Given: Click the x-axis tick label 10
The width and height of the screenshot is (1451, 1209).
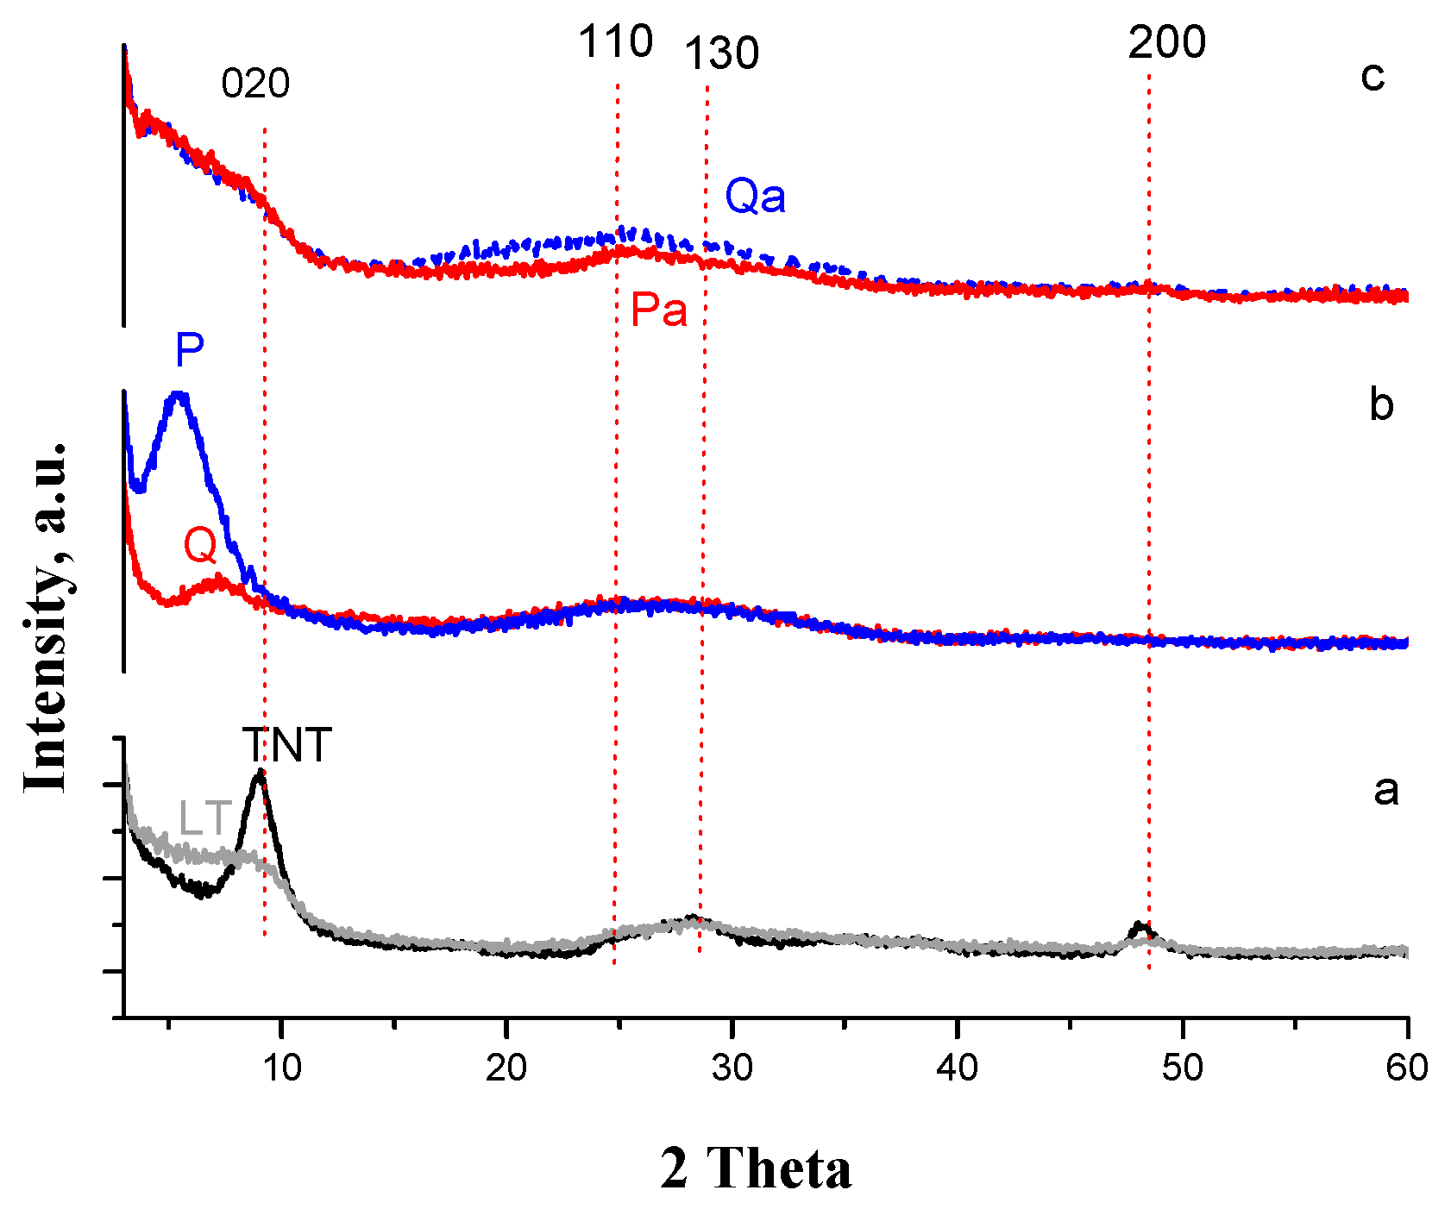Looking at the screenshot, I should [281, 1068].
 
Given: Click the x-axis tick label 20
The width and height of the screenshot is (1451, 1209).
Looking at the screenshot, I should [506, 1068].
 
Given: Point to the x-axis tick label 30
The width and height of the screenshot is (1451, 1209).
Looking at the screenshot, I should [732, 1068].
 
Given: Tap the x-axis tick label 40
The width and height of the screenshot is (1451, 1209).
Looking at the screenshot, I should [957, 1068].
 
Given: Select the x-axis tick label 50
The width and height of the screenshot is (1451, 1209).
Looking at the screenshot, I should [1182, 1068].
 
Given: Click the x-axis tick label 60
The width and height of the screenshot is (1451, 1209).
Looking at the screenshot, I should [1407, 1068].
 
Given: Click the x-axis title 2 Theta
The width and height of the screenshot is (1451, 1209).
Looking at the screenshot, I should [756, 1168].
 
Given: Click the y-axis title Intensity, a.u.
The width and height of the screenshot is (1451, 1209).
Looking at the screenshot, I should [45, 617].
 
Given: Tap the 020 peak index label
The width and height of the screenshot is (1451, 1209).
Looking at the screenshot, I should [255, 85].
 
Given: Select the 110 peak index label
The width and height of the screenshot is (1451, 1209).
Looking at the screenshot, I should [615, 42].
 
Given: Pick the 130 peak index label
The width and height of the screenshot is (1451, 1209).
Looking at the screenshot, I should [721, 54].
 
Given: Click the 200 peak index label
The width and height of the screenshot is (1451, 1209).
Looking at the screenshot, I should [1166, 42].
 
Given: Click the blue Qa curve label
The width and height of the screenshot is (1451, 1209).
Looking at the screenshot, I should [755, 197].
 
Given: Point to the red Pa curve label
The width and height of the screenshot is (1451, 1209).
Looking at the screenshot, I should [659, 310].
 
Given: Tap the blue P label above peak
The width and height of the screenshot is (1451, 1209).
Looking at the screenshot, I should [189, 351].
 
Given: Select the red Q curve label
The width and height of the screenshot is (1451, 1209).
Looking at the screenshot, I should [200, 546].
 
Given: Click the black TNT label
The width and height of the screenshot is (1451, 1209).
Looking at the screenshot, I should [286, 746].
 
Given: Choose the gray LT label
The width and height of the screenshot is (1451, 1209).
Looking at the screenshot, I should [205, 819].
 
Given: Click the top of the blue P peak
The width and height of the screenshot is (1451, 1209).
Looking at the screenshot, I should [179, 396].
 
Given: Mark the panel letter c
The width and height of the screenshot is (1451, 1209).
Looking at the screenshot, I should [1372, 76].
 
